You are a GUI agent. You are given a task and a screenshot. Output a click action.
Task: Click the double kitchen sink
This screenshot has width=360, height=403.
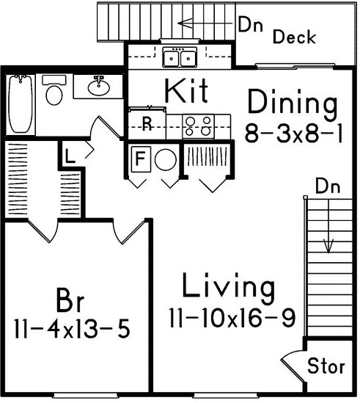click(180, 57)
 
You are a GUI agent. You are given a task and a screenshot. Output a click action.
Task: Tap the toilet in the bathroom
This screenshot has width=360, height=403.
click(54, 90)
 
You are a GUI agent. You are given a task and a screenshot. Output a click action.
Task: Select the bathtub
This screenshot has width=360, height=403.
click(21, 104)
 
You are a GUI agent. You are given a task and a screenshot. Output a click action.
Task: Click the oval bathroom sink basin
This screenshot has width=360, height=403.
click(98, 87)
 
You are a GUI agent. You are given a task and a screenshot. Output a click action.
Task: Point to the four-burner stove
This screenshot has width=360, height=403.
click(198, 126)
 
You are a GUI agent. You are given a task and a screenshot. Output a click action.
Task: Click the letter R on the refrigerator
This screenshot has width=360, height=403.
click(147, 123)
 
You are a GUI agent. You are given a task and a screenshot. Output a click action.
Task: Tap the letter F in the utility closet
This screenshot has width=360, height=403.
click(140, 159)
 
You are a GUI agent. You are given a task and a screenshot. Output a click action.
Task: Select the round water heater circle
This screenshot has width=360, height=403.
click(166, 159)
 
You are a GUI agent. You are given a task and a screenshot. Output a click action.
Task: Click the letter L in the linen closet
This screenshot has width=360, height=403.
click(70, 156)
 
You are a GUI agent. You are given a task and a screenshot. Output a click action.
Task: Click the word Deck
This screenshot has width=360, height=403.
click(294, 37)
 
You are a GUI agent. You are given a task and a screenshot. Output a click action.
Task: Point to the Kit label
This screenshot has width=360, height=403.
click(186, 91)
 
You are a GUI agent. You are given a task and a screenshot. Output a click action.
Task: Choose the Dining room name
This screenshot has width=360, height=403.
click(293, 104)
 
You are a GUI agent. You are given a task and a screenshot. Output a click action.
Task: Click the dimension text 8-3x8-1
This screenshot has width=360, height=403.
click(293, 133)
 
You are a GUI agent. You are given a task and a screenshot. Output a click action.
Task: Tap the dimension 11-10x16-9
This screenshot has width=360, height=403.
click(232, 318)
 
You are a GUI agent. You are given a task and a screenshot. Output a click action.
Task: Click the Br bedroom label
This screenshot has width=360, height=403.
click(70, 300)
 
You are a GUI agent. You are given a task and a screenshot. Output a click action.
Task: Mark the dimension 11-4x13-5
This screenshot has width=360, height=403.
click(73, 328)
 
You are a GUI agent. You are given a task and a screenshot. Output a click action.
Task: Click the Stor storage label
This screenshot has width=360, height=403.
click(326, 366)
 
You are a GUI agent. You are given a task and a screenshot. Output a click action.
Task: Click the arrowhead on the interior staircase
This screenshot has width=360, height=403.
click(328, 246)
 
